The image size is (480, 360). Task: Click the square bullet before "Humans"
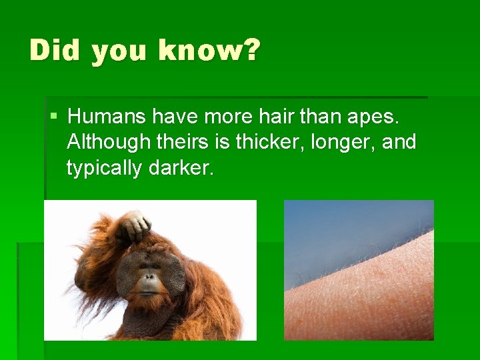54,117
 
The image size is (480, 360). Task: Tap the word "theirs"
193,142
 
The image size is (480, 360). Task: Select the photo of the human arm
359,270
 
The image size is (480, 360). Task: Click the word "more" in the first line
223,117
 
